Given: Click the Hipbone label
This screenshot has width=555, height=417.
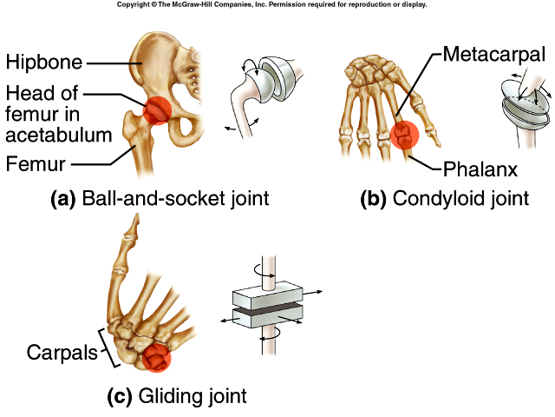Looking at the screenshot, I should coord(44,62).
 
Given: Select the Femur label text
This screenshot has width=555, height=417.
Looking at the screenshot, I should coord(36,162).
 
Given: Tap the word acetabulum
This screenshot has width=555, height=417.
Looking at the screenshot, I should coord(58,134).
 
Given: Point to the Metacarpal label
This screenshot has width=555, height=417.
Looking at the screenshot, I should coord(494,55).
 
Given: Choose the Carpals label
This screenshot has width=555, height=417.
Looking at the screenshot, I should coord(57,353).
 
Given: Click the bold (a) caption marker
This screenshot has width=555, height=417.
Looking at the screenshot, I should coord(62,198).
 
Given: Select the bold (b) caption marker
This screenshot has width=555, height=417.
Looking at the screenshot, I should coord(374,198).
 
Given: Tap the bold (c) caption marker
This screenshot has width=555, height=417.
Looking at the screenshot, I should coord(118,397).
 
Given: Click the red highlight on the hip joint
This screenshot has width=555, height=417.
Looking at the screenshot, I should coord(158,112).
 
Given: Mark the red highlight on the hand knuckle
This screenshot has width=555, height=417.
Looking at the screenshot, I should coord(405,135).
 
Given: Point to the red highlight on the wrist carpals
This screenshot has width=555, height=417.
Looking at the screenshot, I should coord(155,356).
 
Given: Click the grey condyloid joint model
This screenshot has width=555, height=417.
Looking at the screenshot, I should coord(521,109).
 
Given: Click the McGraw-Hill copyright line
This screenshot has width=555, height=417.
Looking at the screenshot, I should coord(271,4).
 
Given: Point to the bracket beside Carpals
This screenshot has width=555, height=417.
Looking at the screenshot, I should coord(107,348).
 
